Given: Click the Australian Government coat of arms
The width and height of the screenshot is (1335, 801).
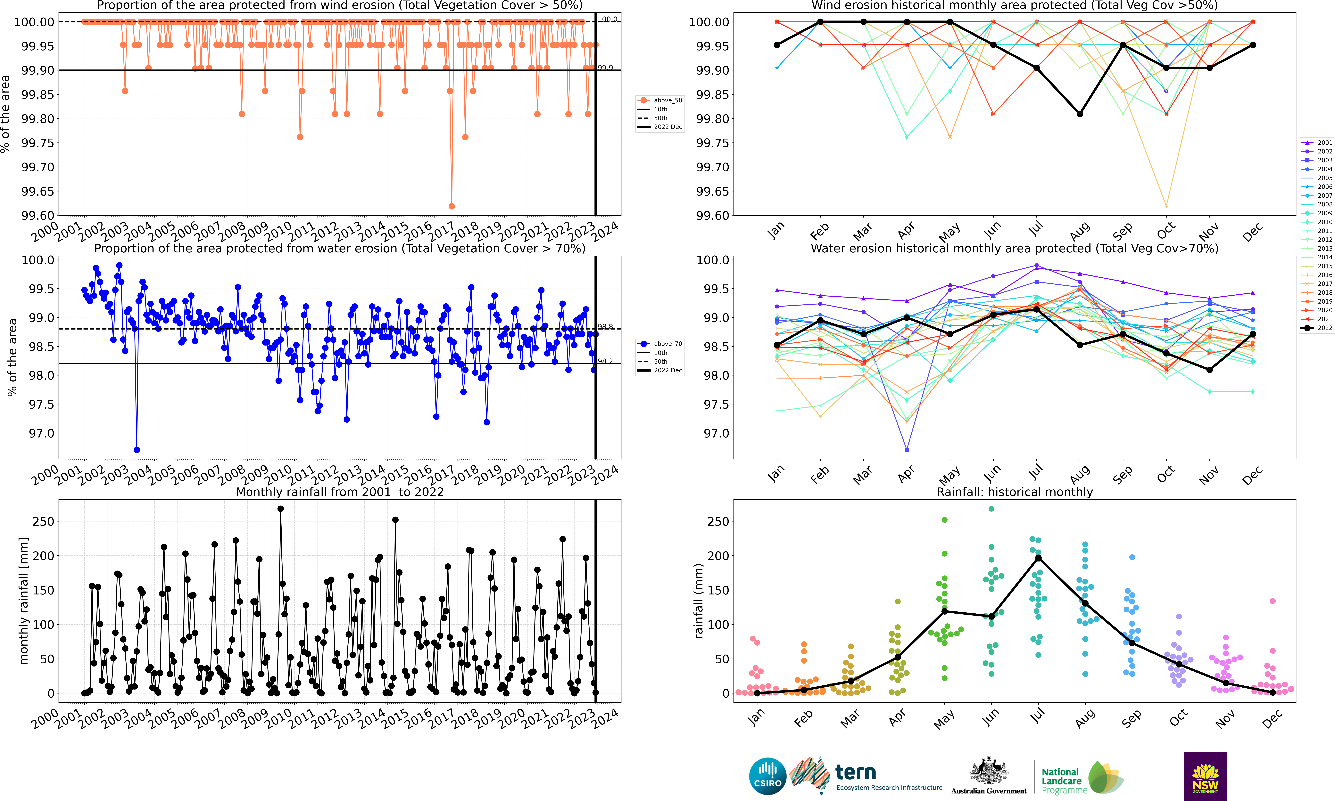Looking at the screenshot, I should (x=988, y=771).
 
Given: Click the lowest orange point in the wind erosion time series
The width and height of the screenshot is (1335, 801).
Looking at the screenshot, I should (x=452, y=206).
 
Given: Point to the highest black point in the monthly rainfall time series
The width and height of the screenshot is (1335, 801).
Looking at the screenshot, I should (x=280, y=508).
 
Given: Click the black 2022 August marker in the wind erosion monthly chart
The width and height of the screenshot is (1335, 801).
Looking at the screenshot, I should (x=1080, y=114).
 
